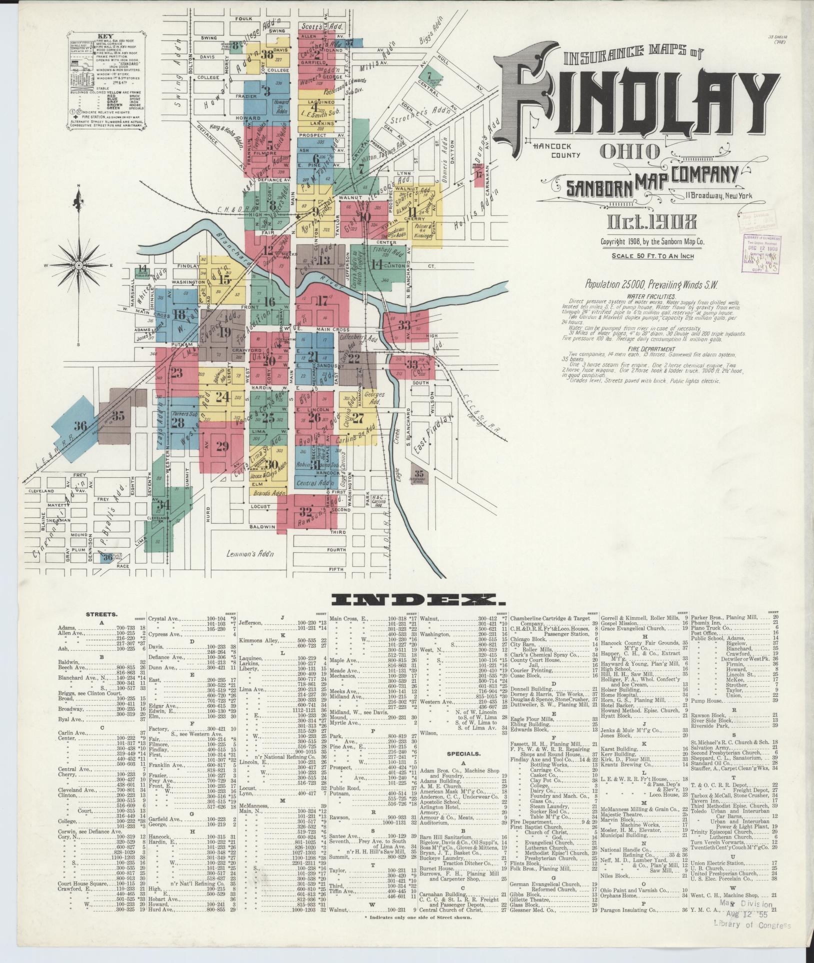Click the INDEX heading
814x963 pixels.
tap(407, 599)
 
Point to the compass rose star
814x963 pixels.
tap(78, 264)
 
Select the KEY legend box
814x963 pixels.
tap(105, 80)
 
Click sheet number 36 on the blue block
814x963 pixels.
tap(80, 426)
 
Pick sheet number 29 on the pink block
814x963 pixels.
tap(222, 446)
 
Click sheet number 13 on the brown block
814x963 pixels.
tap(324, 260)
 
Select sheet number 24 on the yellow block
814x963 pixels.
tap(222, 397)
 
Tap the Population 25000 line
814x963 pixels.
tap(651, 285)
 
